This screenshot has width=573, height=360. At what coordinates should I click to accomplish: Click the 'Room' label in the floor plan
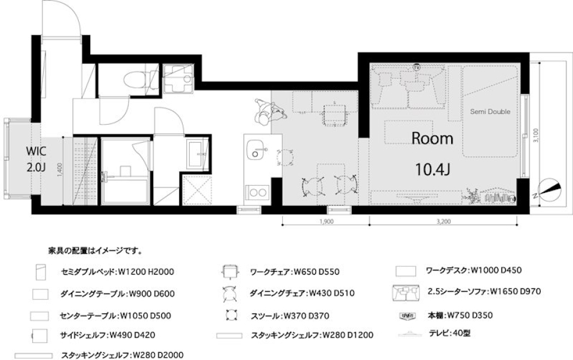point(433,139)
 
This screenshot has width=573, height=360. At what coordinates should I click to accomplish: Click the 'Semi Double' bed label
point(490,112)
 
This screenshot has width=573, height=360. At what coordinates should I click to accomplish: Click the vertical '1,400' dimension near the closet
point(60,171)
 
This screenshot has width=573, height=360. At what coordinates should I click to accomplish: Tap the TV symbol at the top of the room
point(416,67)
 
